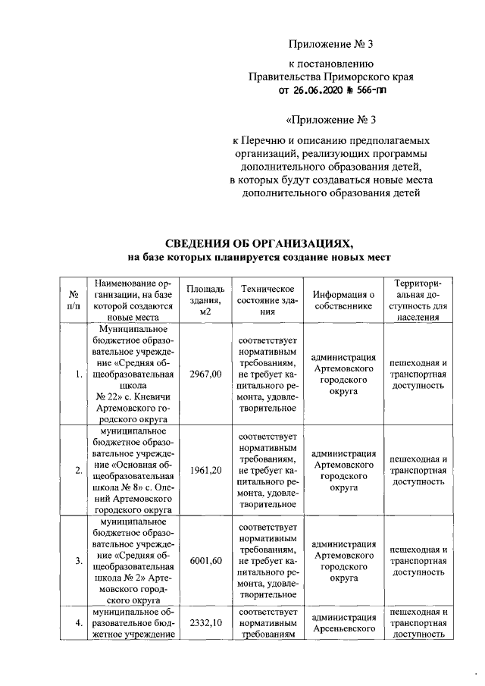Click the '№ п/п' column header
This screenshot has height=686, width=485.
(75, 300)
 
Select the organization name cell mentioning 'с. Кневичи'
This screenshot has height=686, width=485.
(133, 374)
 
